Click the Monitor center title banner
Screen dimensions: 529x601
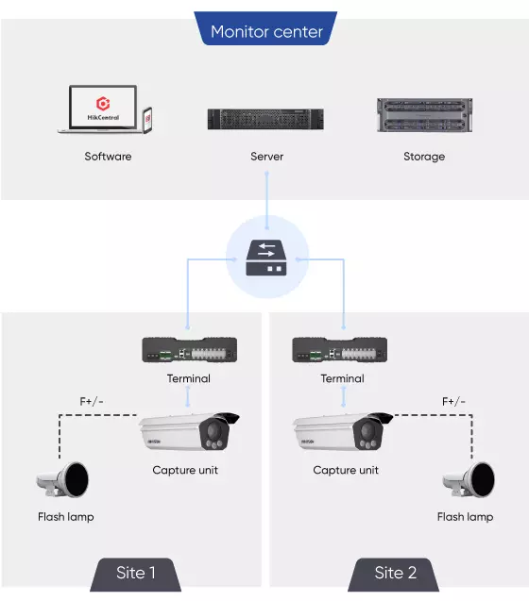click(x=265, y=28)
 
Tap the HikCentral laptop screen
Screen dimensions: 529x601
click(x=103, y=108)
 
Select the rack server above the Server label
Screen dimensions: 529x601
click(x=265, y=119)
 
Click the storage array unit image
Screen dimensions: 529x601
click(x=424, y=115)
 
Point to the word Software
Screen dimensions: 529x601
click(x=108, y=157)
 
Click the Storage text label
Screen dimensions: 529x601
click(x=424, y=157)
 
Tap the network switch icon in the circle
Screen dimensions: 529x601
click(x=266, y=258)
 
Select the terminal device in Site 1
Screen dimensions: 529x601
click(x=190, y=349)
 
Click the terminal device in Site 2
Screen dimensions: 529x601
click(x=340, y=349)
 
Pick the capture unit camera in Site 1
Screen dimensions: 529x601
click(x=189, y=432)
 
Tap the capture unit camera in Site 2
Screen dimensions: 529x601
click(x=343, y=432)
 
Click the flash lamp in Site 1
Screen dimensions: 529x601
click(x=62, y=480)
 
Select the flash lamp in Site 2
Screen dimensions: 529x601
click(x=469, y=480)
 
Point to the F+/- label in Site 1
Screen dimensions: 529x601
click(x=92, y=402)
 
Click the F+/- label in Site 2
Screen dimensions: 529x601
click(x=453, y=402)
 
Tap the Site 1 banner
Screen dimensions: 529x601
click(x=135, y=575)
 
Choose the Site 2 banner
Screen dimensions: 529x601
click(x=394, y=575)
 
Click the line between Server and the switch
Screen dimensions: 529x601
click(x=266, y=200)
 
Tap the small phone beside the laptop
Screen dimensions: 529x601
click(x=147, y=120)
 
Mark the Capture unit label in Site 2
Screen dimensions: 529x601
click(x=346, y=470)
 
